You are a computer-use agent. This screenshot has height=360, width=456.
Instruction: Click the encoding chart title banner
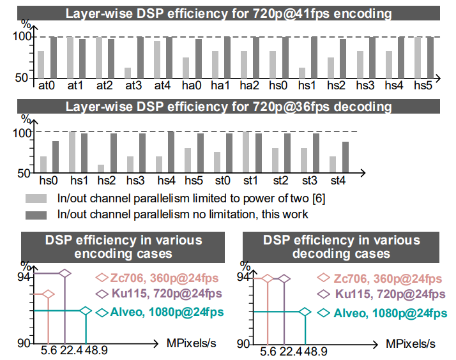click(x=228, y=13)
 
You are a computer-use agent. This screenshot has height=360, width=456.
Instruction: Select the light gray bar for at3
click(x=128, y=73)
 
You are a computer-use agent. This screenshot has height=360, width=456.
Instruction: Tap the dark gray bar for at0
click(x=53, y=57)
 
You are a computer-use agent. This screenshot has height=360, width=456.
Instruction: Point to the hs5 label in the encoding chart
click(x=424, y=86)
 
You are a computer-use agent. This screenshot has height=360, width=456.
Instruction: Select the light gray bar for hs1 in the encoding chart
click(x=302, y=73)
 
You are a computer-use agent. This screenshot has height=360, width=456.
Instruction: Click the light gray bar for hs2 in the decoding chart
click(x=101, y=168)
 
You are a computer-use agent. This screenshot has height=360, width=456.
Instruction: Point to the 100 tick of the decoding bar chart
click(x=23, y=133)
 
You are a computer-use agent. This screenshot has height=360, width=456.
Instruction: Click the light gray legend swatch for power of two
click(x=37, y=199)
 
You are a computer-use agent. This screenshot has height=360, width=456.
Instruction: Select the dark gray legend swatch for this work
click(x=37, y=214)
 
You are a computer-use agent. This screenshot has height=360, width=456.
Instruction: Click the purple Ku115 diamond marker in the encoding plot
click(x=66, y=273)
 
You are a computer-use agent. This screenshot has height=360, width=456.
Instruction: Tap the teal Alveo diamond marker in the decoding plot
click(x=306, y=311)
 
